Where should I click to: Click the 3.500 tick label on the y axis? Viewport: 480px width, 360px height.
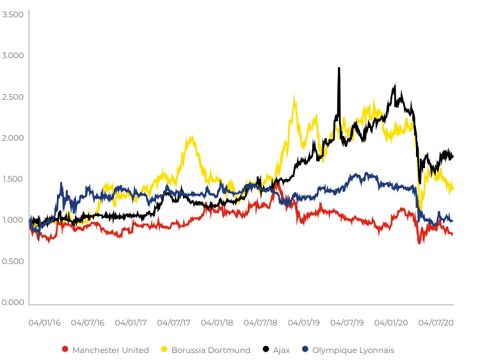[x=13, y=14]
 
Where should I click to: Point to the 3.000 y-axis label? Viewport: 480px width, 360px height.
[x=13, y=56]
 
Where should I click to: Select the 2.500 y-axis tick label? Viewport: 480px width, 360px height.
[x=13, y=97]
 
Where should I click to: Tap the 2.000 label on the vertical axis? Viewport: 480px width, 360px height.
[x=13, y=138]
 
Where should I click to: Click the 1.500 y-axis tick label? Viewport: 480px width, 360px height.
[x=13, y=179]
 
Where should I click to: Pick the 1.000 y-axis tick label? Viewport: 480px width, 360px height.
[x=13, y=221]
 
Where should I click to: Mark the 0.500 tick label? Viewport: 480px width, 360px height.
[x=13, y=262]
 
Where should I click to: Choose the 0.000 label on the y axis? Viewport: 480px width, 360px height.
[x=13, y=302]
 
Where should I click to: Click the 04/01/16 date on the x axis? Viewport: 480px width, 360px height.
[x=44, y=324]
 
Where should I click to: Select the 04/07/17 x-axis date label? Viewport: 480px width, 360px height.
[x=175, y=324]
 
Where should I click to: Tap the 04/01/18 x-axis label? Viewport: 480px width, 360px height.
[x=217, y=324]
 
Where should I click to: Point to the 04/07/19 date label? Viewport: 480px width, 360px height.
[x=348, y=324]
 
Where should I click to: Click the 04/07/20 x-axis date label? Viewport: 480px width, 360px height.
[x=437, y=324]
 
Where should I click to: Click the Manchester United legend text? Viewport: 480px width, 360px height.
[x=110, y=350]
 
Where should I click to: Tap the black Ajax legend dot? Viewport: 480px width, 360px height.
[x=266, y=350]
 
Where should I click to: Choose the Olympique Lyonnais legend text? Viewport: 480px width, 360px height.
[x=353, y=350]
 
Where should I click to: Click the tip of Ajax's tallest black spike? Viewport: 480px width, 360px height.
[x=339, y=68]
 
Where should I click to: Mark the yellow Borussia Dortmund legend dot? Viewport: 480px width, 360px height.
[x=164, y=350]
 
